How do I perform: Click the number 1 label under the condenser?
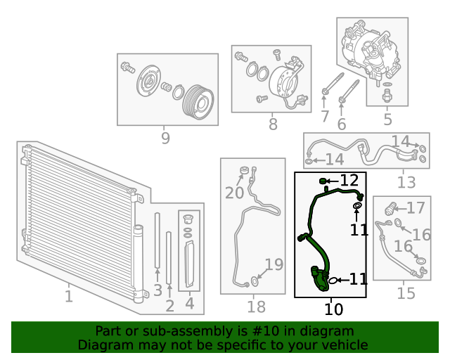[68, 296]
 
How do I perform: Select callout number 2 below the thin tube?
[169, 305]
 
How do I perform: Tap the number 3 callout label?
[157, 290]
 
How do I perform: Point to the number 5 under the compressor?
[387, 120]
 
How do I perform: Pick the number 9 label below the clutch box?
[165, 138]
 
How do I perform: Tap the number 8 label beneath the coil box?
[273, 124]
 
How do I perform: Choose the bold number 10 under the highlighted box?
[334, 308]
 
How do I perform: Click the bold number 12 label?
[349, 181]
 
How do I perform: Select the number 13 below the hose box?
[406, 183]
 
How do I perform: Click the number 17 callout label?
[416, 207]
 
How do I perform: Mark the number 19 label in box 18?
[274, 265]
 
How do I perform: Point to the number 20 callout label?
[234, 192]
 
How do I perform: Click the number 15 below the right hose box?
[406, 292]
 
